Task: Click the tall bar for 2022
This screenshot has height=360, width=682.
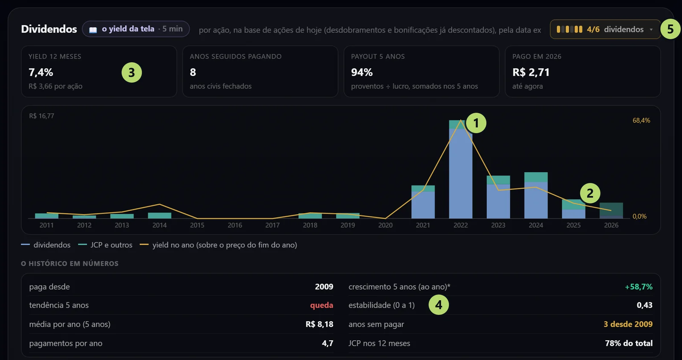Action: click(461, 169)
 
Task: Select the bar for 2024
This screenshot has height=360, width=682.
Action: click(536, 195)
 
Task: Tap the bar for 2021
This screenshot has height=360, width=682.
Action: click(423, 202)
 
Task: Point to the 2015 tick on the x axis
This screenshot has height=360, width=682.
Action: click(197, 225)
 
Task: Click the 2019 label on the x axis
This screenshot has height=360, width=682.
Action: click(348, 225)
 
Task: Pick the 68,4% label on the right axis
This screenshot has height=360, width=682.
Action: click(641, 120)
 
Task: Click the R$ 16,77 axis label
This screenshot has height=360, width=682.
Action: click(41, 116)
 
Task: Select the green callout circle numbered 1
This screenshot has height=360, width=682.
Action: click(476, 123)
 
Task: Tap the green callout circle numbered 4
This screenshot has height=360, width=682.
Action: click(439, 305)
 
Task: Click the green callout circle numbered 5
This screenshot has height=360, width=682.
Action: click(670, 29)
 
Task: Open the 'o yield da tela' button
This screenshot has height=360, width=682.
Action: click(136, 29)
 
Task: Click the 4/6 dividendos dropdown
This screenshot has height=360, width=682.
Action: click(605, 29)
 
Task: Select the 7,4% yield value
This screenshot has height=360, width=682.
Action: click(41, 72)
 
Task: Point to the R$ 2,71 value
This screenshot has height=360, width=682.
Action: click(531, 72)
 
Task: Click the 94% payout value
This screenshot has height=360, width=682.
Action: click(362, 72)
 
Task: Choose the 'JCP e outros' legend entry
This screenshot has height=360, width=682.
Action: click(105, 245)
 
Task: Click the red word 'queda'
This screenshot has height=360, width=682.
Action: click(321, 305)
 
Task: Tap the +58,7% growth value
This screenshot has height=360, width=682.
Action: click(639, 287)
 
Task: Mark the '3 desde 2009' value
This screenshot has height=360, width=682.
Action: click(628, 324)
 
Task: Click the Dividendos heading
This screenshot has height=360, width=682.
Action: click(49, 29)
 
